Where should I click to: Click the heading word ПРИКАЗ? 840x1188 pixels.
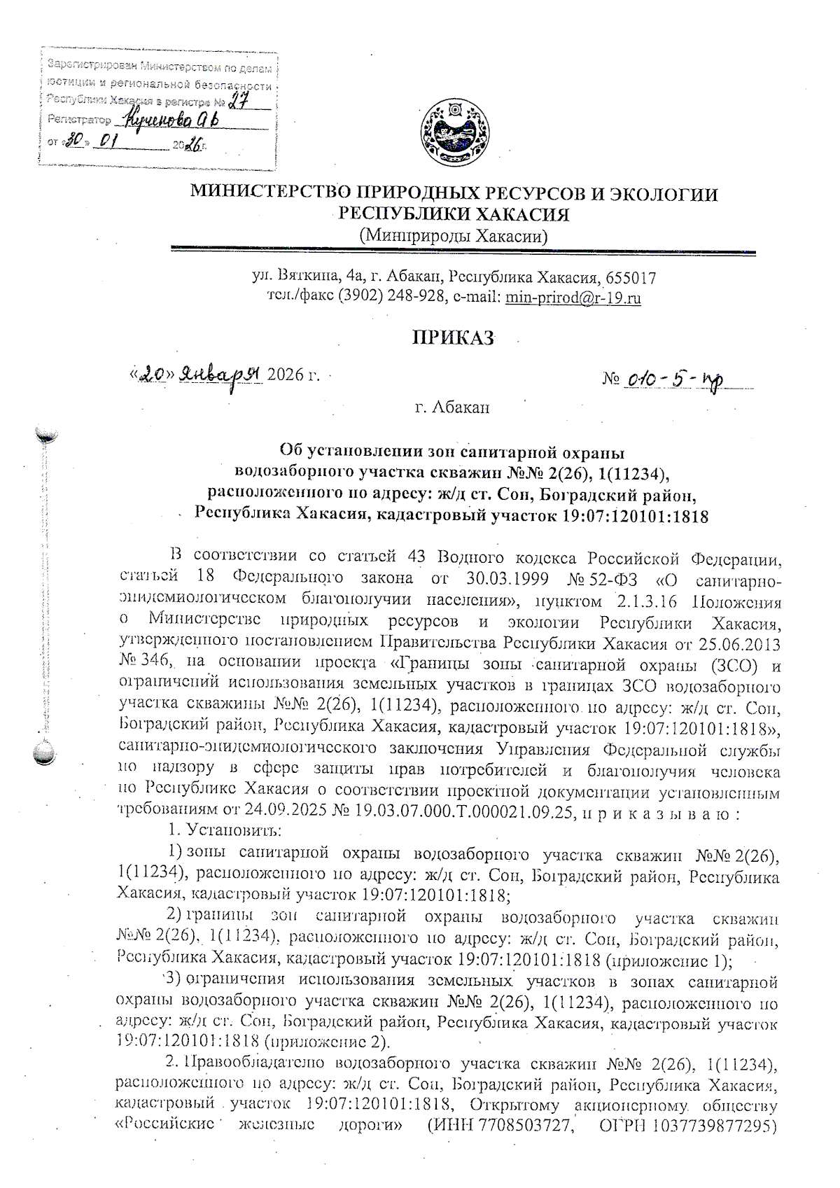[x=452, y=339]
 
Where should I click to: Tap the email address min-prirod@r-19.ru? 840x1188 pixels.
[x=573, y=298]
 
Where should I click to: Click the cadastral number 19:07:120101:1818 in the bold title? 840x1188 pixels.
[x=634, y=517]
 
